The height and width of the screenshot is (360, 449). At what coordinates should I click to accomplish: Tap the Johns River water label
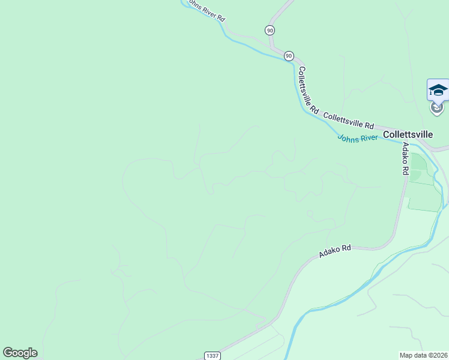coord(358,138)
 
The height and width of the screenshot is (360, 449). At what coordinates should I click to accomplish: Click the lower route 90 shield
coord(289,56)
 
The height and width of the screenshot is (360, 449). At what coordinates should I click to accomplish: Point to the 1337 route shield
coord(211,356)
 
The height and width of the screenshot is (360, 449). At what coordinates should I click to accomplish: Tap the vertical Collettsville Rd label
coord(309,89)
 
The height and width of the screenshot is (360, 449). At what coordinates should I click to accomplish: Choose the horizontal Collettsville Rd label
coord(348,120)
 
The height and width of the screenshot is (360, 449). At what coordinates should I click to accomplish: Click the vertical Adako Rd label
coord(405,158)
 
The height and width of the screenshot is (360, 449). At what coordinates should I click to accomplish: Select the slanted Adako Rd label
coord(335,251)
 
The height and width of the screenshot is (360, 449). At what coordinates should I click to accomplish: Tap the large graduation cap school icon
coord(438,90)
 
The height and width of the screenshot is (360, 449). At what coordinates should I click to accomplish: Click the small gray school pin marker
coord(436,107)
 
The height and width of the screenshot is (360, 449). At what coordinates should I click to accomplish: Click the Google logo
coord(20,353)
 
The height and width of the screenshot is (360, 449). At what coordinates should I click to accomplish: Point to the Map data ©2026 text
coord(424,355)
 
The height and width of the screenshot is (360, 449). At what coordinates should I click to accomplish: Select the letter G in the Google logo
coord(8,353)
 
